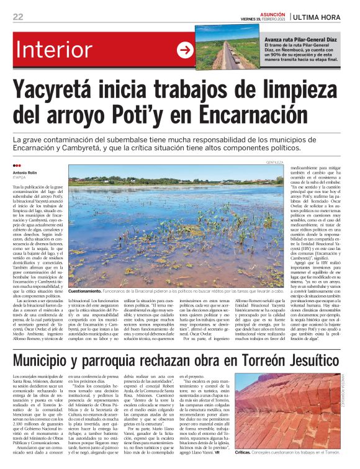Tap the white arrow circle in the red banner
coord(185,50)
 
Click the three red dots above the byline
coord(17,166)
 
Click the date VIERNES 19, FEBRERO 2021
coord(264,19)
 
